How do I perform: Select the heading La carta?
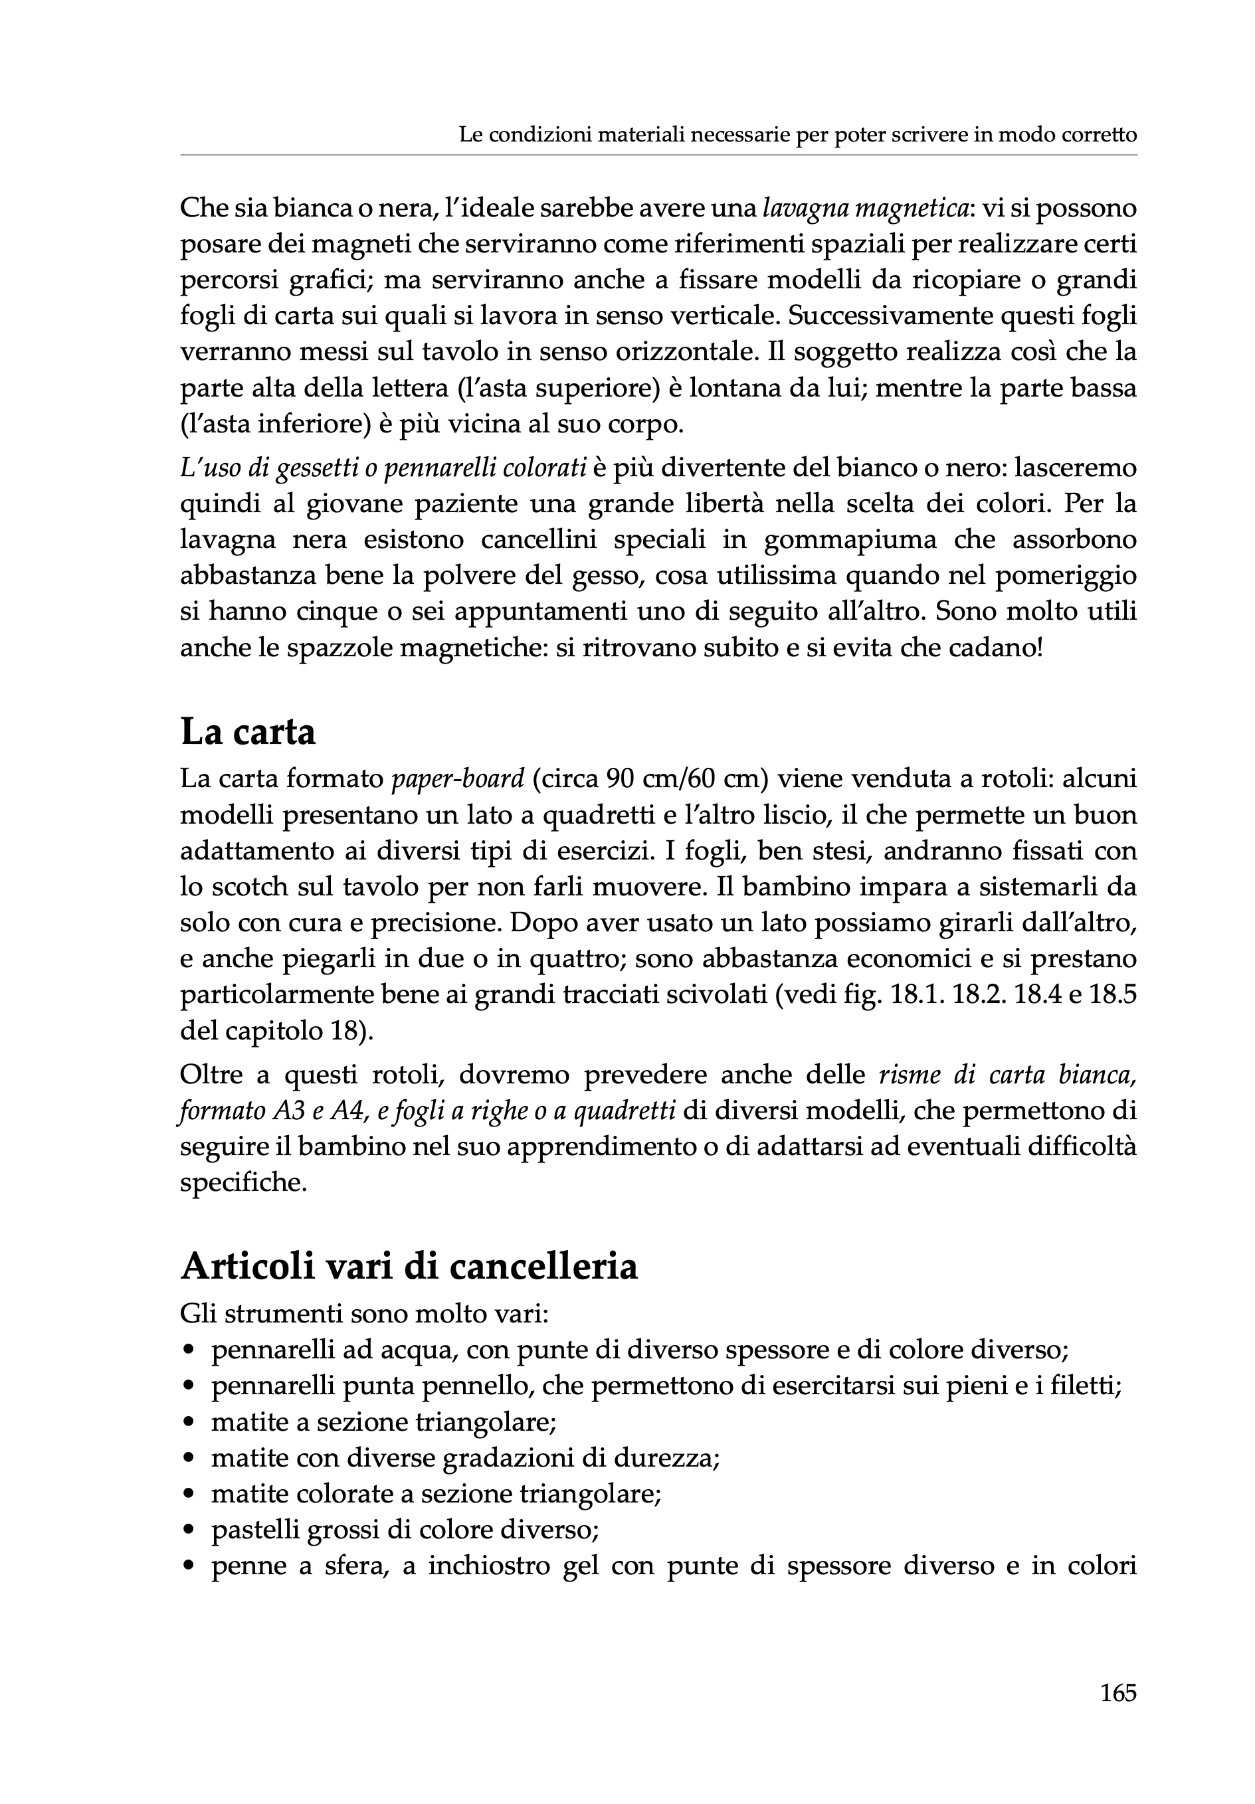pos(248,732)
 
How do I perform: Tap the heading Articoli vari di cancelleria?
pos(409,1266)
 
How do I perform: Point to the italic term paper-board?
pos(457,778)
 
